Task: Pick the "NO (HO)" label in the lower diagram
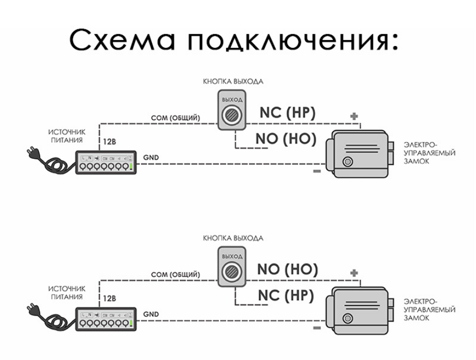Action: tap(287, 269)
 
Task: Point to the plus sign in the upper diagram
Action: tap(355, 116)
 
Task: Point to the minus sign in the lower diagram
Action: tap(317, 327)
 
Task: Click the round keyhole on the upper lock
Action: tap(348, 161)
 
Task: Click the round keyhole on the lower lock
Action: tap(348, 317)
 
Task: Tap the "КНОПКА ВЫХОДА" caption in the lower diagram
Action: tap(233, 238)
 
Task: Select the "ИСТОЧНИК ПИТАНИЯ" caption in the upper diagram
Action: tap(66, 135)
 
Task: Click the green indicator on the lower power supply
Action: tap(131, 324)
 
